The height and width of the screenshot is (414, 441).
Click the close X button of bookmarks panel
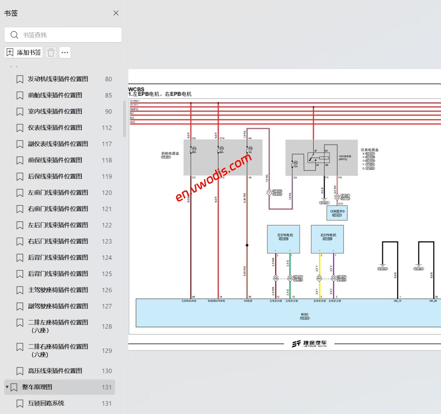click(x=116, y=13)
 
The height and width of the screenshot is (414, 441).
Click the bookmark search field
click(x=63, y=35)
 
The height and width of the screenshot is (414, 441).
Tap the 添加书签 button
click(x=24, y=53)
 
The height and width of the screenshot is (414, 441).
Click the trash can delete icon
click(x=51, y=53)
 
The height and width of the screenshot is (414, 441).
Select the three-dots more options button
click(x=65, y=53)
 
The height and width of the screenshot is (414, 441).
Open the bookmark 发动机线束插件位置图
click(x=58, y=79)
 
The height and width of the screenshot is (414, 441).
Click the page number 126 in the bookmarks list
click(x=107, y=290)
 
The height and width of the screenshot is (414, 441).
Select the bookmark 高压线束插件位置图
click(x=55, y=371)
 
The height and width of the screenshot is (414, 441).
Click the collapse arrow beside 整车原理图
click(x=7, y=387)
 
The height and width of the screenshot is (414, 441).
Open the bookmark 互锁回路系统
click(x=46, y=403)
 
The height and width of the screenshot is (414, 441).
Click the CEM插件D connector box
click(x=337, y=213)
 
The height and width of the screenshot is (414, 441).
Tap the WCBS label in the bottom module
click(x=304, y=315)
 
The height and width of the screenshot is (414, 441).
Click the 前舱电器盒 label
click(x=170, y=153)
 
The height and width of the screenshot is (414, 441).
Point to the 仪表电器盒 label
click(x=369, y=150)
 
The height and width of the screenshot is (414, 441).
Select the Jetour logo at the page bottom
click(x=309, y=344)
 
